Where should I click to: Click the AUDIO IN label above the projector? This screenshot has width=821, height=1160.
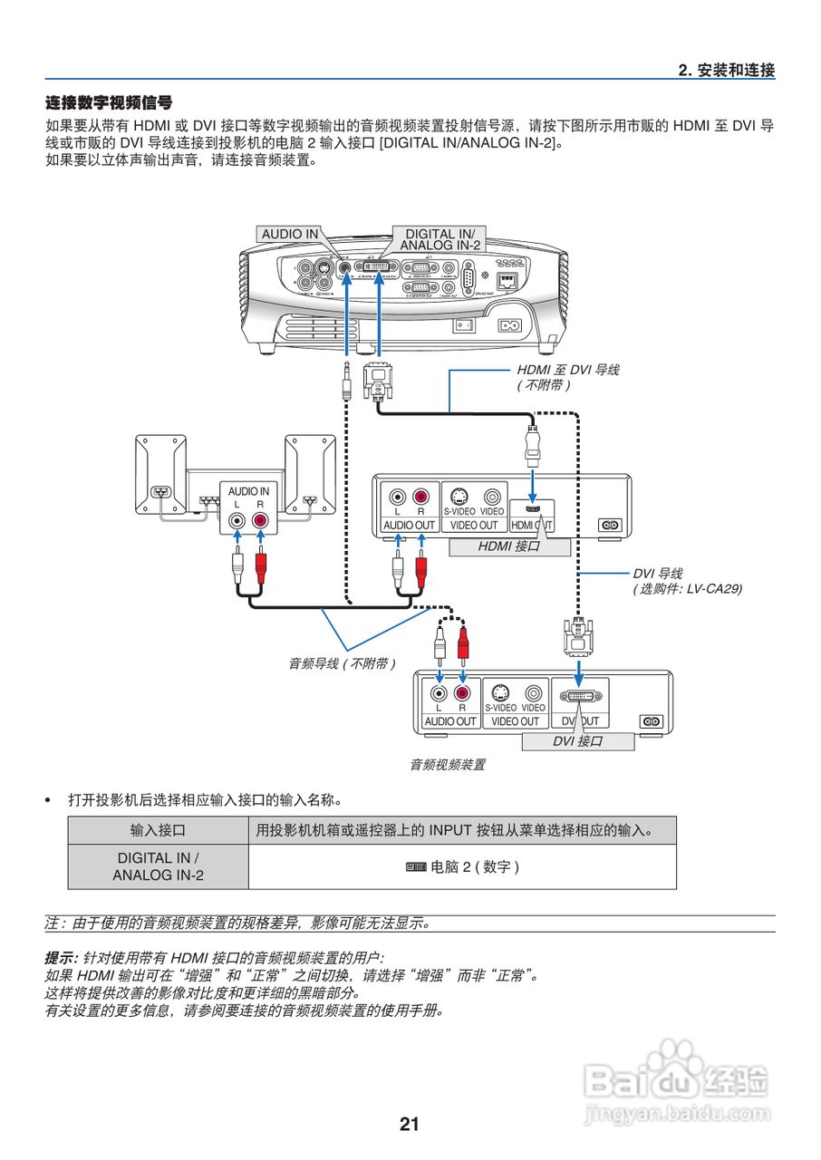(290, 234)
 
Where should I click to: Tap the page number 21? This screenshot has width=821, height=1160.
(410, 1124)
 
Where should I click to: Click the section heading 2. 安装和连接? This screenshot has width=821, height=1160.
(726, 70)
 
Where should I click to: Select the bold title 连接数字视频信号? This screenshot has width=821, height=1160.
(109, 103)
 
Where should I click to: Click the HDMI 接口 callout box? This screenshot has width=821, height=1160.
(508, 546)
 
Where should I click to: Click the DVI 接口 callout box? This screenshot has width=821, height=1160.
(576, 741)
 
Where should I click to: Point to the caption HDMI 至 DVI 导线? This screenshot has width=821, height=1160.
(567, 370)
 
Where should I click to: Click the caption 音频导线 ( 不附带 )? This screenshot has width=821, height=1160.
(343, 663)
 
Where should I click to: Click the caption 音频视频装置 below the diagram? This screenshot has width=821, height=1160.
(448, 765)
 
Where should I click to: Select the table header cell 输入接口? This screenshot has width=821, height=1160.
(158, 829)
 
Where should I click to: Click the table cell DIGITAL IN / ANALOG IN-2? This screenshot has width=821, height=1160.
(158, 866)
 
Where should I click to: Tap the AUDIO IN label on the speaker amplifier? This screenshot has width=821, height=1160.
(248, 490)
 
